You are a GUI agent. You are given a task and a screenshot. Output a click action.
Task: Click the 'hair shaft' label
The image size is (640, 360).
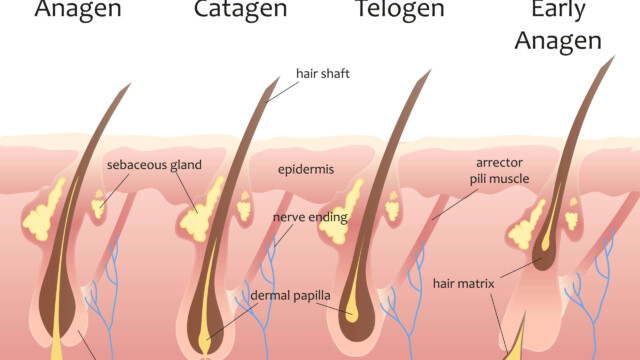pos(322,73)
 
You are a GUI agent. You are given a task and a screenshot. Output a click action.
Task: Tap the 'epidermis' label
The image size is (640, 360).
pos(306,169)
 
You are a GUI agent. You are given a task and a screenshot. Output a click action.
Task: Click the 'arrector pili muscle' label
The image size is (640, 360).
pos(498,169)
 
